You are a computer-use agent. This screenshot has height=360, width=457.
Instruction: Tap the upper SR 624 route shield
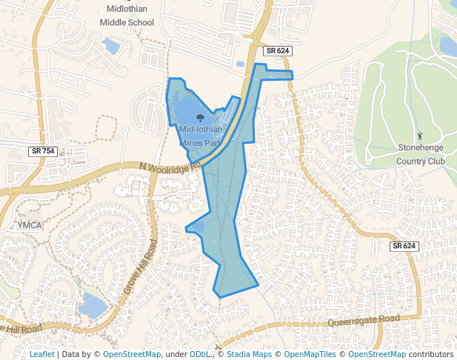coord(278,51)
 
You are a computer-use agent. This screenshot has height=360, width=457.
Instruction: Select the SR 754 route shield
coord(43,151)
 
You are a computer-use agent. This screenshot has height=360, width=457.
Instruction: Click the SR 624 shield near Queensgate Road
coord(404,246)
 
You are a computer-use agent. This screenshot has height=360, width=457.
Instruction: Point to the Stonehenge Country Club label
coord(421,154)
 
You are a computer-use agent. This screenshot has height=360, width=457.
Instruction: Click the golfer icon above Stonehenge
coord(421,136)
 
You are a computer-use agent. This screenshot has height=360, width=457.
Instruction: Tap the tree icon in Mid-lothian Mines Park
coord(200,116)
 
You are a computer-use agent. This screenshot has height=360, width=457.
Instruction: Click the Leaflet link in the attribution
coord(41,355)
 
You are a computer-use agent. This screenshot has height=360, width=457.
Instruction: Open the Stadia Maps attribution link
coord(249,355)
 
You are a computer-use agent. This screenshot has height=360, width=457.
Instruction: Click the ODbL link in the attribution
coord(200,355)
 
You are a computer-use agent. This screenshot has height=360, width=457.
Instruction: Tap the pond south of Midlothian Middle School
coord(112,47)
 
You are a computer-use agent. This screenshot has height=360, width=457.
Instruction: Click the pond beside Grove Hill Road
coord(93,304)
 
